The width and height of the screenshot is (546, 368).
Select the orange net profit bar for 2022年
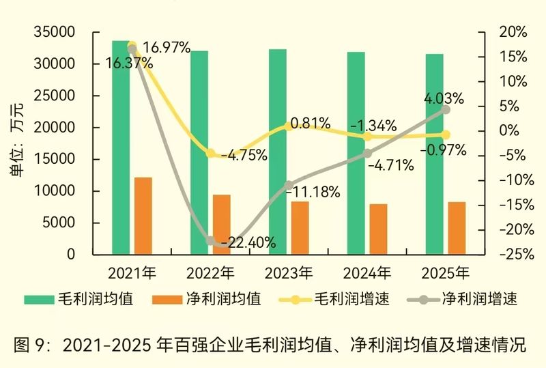click(x=222, y=225)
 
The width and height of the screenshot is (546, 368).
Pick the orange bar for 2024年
click(x=379, y=229)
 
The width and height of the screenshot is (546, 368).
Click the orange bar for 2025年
click(x=457, y=228)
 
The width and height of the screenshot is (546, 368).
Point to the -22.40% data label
click(x=248, y=242)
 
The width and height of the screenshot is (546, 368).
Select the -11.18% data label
click(x=313, y=192)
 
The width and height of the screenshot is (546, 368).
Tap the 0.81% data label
click(x=310, y=124)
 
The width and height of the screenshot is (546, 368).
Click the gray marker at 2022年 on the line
click(x=211, y=241)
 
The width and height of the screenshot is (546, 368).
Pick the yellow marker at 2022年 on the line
click(x=211, y=154)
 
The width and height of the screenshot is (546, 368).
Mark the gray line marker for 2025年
click(x=446, y=109)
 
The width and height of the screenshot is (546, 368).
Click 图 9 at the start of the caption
click(x=32, y=344)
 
